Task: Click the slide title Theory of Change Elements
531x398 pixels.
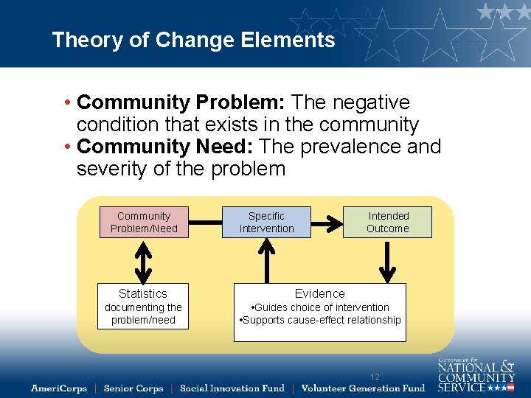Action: click(193, 40)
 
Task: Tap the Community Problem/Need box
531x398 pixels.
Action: click(144, 222)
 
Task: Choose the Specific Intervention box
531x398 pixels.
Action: click(266, 222)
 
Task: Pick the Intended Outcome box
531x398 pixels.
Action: click(388, 222)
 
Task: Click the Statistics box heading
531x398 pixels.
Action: click(143, 293)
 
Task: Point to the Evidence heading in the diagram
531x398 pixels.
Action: click(319, 293)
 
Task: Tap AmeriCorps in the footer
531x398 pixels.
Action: click(58, 388)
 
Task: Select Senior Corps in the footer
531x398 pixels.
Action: click(133, 388)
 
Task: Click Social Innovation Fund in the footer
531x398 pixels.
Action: click(232, 388)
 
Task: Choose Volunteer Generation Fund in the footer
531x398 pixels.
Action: click(364, 388)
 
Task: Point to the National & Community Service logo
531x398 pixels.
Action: click(476, 375)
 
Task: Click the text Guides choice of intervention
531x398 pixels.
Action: click(320, 307)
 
